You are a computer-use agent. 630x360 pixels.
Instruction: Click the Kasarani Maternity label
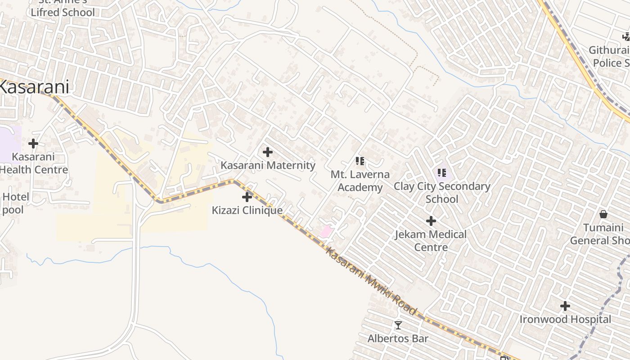(x=268, y=165)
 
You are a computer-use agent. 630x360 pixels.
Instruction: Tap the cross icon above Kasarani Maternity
(x=268, y=152)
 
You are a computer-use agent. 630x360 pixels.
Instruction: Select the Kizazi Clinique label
(x=247, y=210)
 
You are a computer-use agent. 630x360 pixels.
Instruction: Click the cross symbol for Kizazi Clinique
(x=247, y=197)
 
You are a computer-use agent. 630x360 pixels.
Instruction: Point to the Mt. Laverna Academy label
(x=360, y=180)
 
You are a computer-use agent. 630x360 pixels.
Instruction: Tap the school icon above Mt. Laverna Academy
(x=360, y=161)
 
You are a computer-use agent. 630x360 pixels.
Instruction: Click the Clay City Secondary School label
(x=442, y=192)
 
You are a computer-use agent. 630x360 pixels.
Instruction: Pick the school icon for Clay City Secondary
(x=442, y=172)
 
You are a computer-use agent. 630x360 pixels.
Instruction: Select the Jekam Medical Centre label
(x=431, y=241)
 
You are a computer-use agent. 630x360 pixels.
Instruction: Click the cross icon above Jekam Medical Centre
(x=431, y=221)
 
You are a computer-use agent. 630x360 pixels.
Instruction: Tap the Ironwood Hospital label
(x=565, y=319)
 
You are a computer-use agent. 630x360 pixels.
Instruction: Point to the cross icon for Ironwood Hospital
(x=565, y=306)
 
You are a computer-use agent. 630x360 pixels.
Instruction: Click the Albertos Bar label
(x=398, y=338)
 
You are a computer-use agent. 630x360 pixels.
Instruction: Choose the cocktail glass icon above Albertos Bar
(x=398, y=325)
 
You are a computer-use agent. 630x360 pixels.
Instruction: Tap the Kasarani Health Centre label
(x=33, y=163)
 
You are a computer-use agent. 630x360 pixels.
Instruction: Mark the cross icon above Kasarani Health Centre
(x=33, y=144)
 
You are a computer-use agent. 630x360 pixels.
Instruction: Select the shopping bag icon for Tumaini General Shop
(x=603, y=214)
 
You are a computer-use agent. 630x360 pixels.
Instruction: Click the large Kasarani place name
(x=34, y=87)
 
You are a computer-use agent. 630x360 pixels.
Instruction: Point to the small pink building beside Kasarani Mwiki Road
(x=326, y=232)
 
